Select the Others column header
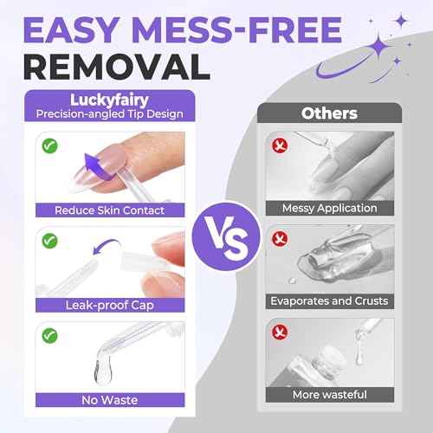(x=329, y=113)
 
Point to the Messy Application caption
(x=329, y=208)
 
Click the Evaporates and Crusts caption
(x=329, y=302)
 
